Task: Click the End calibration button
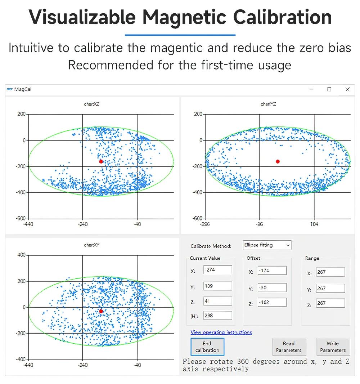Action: coord(207,347)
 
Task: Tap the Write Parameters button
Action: coord(333,347)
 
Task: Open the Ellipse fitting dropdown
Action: coord(267,245)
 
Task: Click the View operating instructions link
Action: coord(221,332)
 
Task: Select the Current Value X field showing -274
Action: coord(218,270)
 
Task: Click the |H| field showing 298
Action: coord(218,316)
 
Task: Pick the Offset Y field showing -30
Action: coord(272,288)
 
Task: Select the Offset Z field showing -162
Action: coord(272,303)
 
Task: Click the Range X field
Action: coord(330,272)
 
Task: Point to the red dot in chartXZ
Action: coord(101,161)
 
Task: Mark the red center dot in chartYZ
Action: coord(278,161)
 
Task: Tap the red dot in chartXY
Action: coord(101,311)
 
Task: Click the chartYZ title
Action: coord(268,104)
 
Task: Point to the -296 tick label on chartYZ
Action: coord(205,224)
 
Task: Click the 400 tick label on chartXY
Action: coord(21,255)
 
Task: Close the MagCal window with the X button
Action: coord(347,89)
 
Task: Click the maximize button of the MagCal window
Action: coord(329,89)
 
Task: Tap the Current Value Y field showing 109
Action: coord(218,286)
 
